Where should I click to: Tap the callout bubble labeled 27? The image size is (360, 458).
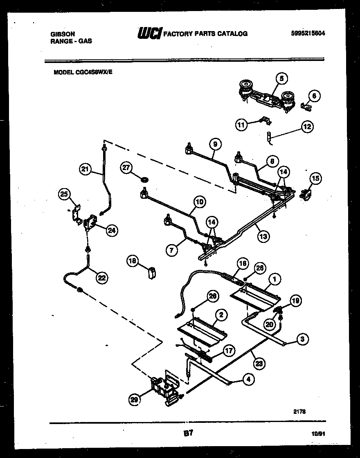126,167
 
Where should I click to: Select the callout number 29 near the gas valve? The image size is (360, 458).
135,400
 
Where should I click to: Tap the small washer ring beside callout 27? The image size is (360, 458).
144,179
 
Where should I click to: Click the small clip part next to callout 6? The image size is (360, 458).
304,107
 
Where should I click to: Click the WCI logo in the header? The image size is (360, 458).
150,33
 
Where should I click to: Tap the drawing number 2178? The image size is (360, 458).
300,412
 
